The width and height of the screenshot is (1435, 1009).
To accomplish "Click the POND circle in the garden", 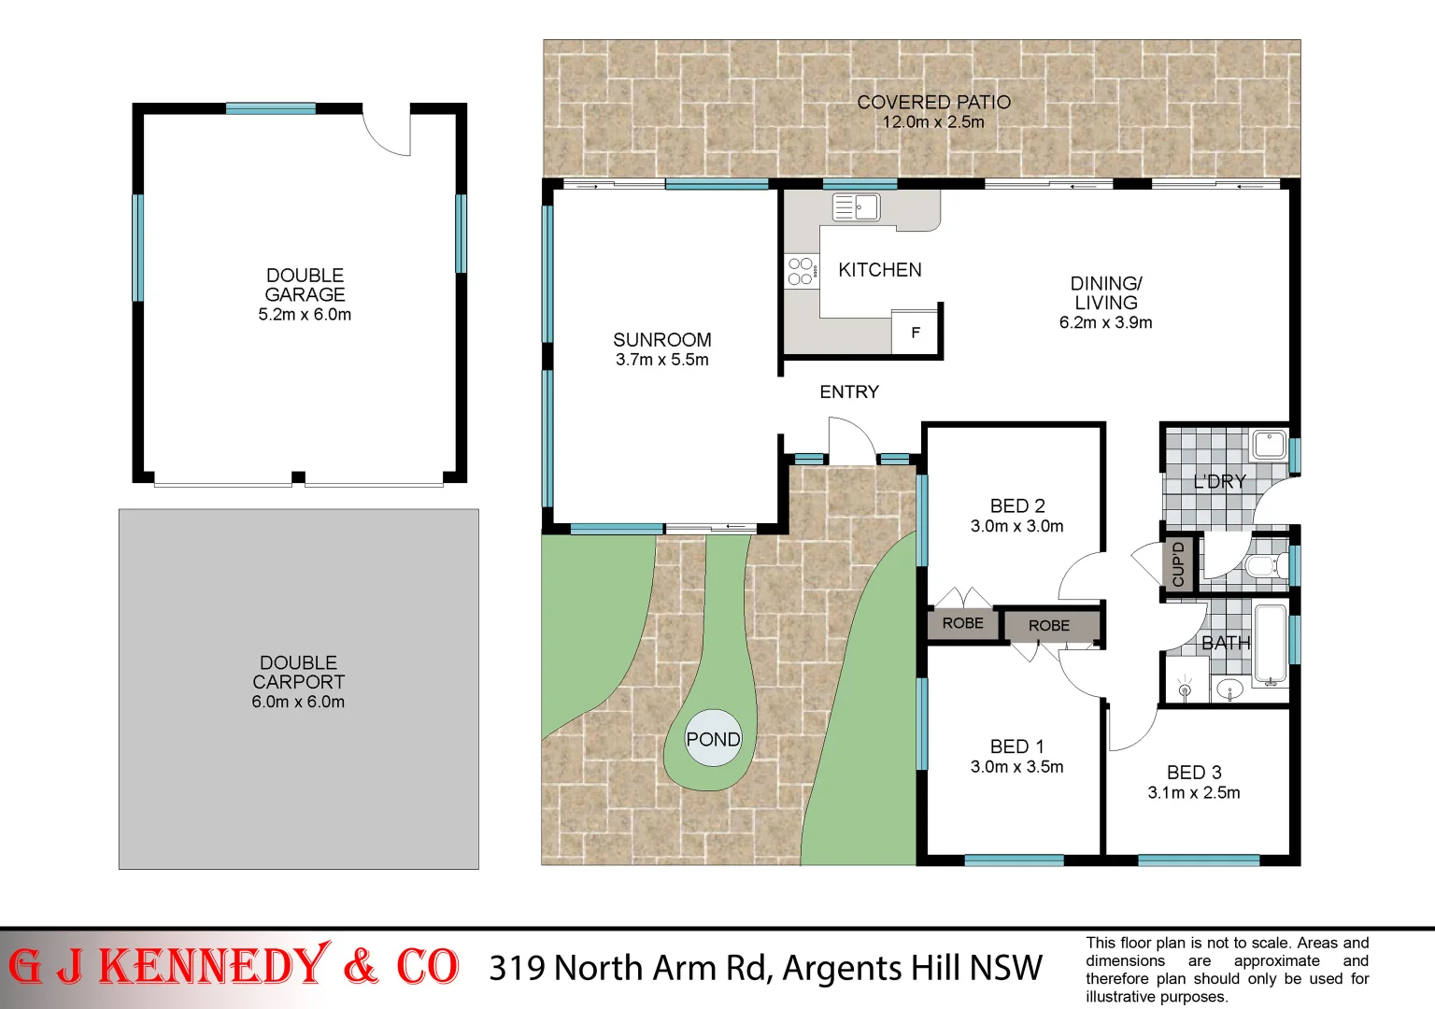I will pyautogui.click(x=713, y=739).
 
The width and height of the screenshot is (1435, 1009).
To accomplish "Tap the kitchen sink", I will pyautogui.click(x=856, y=207).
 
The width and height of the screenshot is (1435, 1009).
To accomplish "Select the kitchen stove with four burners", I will pyautogui.click(x=801, y=271).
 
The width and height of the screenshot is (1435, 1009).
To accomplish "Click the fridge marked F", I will pyautogui.click(x=916, y=332).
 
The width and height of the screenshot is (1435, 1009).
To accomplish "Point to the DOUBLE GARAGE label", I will pyautogui.click(x=305, y=285).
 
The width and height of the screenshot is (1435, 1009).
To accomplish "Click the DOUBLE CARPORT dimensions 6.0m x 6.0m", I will pyautogui.click(x=298, y=703).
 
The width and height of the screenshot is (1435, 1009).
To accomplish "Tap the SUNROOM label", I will pyautogui.click(x=661, y=340).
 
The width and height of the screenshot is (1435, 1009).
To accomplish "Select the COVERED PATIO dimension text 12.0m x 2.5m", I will pyautogui.click(x=933, y=122).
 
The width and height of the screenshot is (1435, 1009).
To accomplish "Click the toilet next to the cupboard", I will pyautogui.click(x=1264, y=565).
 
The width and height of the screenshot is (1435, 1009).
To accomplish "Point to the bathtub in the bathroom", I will pyautogui.click(x=1271, y=645).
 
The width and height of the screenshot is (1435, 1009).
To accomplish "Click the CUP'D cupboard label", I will pyautogui.click(x=1178, y=563).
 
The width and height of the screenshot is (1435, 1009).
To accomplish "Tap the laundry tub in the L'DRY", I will pyautogui.click(x=1270, y=445).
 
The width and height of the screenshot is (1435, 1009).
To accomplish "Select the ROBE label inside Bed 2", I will pyautogui.click(x=962, y=623).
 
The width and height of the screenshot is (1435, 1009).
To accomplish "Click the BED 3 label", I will pyautogui.click(x=1194, y=773).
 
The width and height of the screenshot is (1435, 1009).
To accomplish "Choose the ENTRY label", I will pyautogui.click(x=849, y=392).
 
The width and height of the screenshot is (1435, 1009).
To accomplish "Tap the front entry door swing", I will pyautogui.click(x=850, y=441).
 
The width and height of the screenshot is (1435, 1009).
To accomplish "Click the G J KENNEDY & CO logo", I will pyautogui.click(x=234, y=967).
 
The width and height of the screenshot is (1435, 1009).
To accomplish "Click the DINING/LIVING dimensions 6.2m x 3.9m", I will pyautogui.click(x=1105, y=323).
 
